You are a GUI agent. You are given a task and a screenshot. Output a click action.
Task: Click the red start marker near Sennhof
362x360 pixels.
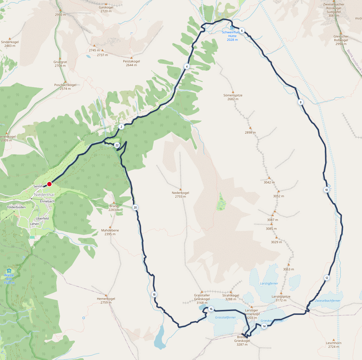(x=49, y=184)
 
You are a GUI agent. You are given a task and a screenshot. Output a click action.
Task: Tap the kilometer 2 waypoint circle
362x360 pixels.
(x=121, y=127)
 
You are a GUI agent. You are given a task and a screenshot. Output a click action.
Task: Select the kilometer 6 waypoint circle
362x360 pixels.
(x=242, y=31)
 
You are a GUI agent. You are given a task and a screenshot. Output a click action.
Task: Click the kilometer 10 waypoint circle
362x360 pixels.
(x=326, y=190)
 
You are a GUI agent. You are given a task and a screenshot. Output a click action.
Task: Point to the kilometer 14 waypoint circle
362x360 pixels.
(x=264, y=326)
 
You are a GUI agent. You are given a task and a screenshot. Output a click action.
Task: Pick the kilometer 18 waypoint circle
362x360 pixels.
(x=154, y=294)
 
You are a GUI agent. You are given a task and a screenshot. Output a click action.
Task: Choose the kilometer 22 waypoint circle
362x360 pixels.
(x=117, y=145)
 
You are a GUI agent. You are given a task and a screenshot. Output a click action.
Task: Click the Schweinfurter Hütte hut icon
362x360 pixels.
(x=232, y=28)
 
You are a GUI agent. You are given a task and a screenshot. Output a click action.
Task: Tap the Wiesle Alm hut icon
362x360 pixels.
(x=9, y=271)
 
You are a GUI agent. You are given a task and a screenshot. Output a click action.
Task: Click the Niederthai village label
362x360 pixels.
(x=44, y=195)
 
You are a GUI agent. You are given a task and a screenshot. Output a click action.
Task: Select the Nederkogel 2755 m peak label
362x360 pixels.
(x=181, y=194)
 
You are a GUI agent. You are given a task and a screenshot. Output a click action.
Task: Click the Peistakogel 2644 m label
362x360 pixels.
(x=131, y=63)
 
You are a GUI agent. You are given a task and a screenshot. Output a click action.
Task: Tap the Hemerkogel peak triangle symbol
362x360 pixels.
(x=106, y=295)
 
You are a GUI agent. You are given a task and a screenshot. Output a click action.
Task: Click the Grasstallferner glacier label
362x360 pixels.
(x=225, y=317)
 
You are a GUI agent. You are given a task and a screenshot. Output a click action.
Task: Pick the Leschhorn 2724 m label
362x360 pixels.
(x=334, y=345)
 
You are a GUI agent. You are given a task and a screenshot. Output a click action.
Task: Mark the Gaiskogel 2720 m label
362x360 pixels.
(x=106, y=9)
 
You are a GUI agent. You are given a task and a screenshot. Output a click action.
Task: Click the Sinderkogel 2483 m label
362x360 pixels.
(x=10, y=44)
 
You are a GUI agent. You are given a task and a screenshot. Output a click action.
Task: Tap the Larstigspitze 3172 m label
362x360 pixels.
(x=281, y=298)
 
